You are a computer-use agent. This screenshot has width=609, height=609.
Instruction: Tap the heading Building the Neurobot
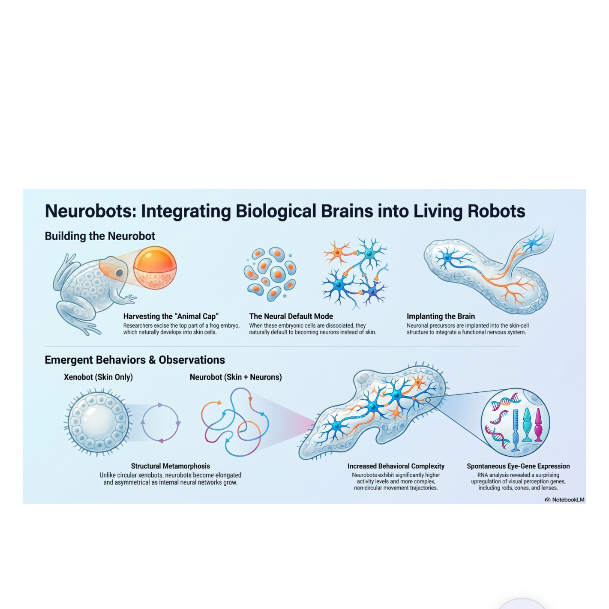[100, 236]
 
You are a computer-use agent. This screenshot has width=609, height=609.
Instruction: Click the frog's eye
[120, 273]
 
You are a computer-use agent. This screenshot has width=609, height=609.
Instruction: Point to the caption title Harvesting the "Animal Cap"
[171, 316]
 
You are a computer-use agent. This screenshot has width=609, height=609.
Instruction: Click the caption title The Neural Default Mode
[291, 316]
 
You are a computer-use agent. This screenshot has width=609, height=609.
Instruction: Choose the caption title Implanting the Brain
[441, 316]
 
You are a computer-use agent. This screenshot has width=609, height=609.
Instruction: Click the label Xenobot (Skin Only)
[98, 377]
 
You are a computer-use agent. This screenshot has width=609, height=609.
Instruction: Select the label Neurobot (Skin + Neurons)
[236, 377]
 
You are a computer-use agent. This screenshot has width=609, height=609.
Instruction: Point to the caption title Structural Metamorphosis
[171, 466]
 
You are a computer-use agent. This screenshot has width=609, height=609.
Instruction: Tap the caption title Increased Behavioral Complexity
[396, 466]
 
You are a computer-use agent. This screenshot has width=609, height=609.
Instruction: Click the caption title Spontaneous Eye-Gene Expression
[518, 466]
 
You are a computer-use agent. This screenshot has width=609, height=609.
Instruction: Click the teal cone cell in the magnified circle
[527, 424]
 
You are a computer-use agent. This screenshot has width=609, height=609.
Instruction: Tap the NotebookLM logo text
[568, 500]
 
